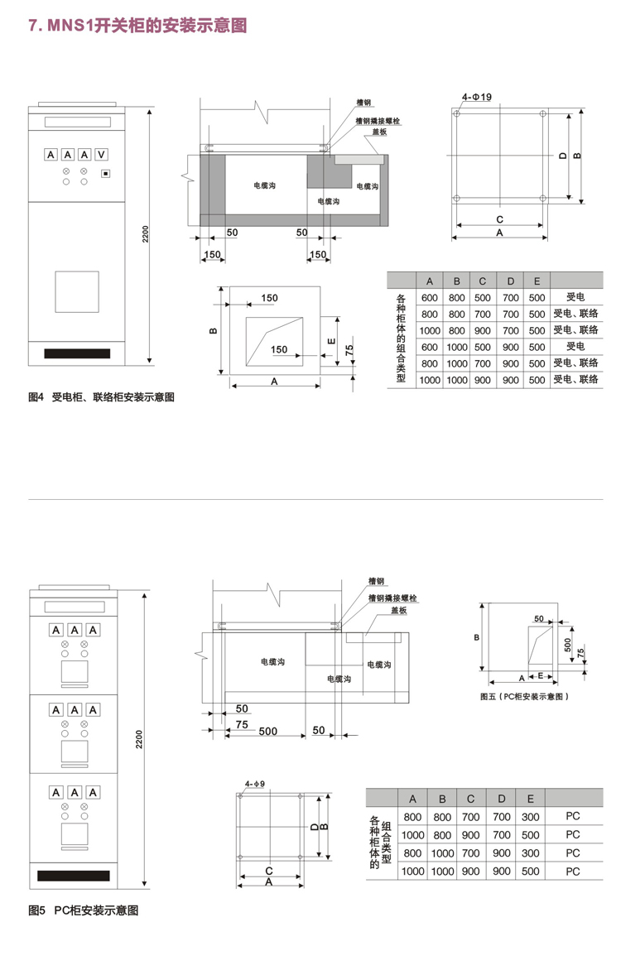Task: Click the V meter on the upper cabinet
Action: pos(101,155)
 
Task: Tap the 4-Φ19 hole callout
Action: pos(477,98)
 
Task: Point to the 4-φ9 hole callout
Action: pos(254,783)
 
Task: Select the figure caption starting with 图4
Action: pos(102,397)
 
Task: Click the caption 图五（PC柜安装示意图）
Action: pos(526,697)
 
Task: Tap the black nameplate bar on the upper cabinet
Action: pos(77,353)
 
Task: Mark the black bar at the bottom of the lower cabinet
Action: pos(72,875)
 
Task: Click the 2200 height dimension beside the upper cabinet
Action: pos(145,236)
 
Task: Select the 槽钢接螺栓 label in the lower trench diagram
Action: pos(392,597)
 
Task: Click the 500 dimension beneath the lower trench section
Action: pos(267,732)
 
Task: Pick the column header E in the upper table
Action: pos(537,281)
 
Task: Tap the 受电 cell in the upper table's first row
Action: pos(575,297)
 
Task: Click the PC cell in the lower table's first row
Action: pos(572,817)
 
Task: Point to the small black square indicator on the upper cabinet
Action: pos(105,173)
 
